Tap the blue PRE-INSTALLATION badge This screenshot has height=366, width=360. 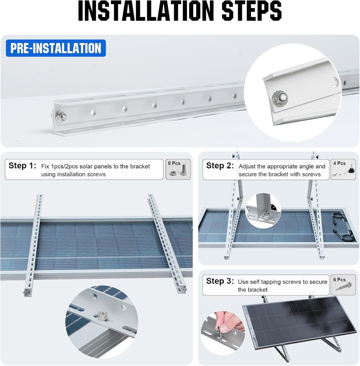coord(56,48)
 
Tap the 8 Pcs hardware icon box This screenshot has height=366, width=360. coord(178,169)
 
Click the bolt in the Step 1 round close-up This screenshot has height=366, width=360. coord(102,315)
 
